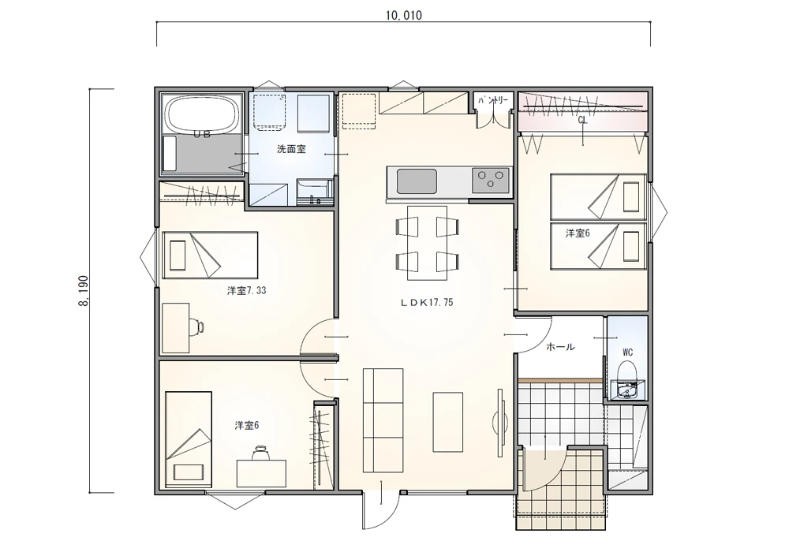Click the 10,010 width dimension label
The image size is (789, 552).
point(403,15)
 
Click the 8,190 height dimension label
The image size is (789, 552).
point(84,290)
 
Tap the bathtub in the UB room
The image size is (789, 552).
point(202,114)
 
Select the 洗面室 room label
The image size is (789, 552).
point(291,149)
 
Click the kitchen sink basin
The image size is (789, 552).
point(417,181)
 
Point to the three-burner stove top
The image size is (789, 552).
point(491,181)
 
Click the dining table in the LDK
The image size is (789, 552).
point(427,243)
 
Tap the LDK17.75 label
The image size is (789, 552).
point(427,302)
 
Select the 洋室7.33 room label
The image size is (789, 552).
point(246,290)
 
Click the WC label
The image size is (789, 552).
point(627,352)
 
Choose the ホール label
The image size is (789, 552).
point(560,346)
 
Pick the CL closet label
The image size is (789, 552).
point(582,120)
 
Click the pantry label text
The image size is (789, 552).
point(493,101)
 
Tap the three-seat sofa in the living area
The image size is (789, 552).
point(383,420)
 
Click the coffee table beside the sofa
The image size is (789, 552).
point(448,422)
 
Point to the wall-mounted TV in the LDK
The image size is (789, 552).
point(501,417)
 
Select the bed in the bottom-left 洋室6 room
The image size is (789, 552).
point(188,439)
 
